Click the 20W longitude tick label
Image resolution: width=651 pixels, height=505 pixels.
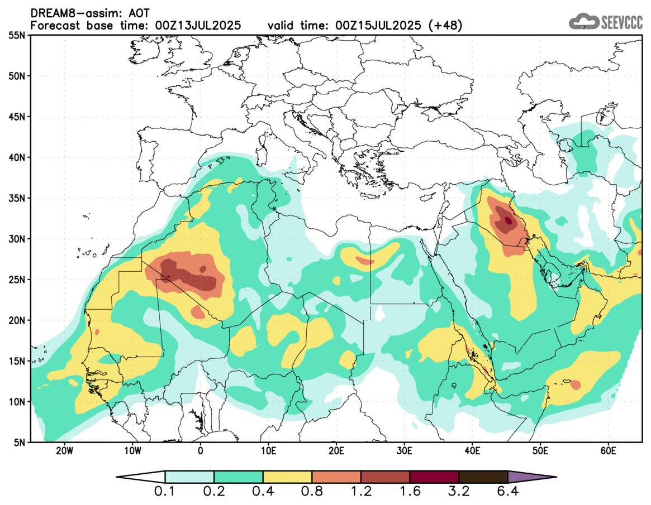tap(64, 451)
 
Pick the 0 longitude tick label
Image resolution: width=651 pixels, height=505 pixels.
tap(200, 451)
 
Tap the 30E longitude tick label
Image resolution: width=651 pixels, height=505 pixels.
tap(404, 451)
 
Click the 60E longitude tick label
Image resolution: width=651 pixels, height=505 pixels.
tap(608, 451)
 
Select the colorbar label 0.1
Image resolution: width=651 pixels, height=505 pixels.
tap(165, 493)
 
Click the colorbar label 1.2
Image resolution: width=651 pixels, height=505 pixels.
tap(360, 493)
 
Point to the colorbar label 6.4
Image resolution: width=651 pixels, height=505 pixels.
tap(507, 493)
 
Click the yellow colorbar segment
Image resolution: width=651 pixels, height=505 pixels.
tap(287, 478)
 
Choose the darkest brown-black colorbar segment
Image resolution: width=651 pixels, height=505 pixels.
tap(483, 478)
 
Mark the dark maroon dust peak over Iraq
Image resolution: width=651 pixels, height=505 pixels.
tap(508, 220)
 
